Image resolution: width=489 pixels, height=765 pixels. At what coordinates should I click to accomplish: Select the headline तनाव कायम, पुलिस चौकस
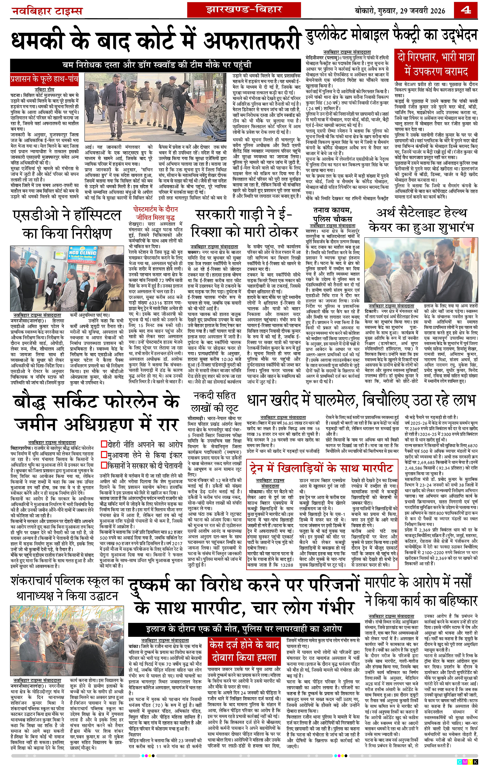coord(333,214)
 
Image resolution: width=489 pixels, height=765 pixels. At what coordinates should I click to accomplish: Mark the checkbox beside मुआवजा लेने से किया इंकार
coord(104,455)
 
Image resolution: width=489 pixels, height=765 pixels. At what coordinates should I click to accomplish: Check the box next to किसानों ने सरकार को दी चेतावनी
coord(104,465)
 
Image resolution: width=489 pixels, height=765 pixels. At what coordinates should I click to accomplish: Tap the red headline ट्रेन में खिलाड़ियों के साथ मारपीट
coord(321,468)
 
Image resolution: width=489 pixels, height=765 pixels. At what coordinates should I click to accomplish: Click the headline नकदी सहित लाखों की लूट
coord(215,402)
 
